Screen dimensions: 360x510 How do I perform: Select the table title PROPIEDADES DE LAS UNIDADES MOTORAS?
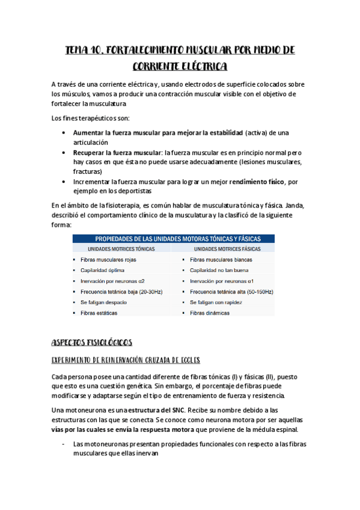(174, 238)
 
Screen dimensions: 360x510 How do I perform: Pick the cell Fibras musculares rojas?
(108, 259)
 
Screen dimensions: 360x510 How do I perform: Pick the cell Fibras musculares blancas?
(221, 259)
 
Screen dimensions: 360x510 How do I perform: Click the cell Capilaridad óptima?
(102, 270)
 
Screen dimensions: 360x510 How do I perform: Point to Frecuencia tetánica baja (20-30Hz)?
(121, 292)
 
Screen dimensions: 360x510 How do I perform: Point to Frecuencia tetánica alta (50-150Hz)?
(231, 292)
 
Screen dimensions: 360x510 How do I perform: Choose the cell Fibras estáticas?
(99, 313)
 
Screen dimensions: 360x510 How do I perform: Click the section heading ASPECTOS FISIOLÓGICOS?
(91, 342)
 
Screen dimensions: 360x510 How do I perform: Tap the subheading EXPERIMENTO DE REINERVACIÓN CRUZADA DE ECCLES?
(126, 360)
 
